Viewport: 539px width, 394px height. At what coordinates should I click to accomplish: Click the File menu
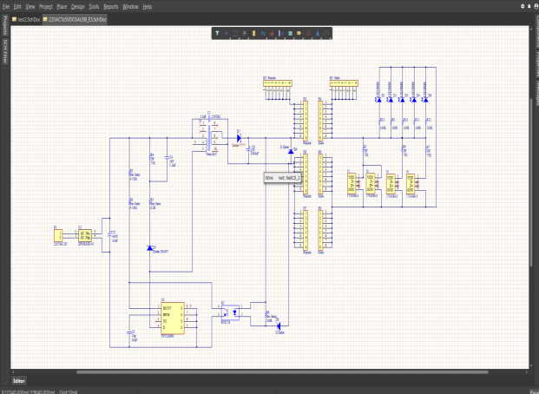[7, 6]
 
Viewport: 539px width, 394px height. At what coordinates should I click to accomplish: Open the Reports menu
[111, 6]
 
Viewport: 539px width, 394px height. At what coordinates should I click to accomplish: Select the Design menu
[78, 6]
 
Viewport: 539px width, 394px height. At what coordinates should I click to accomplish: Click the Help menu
[148, 6]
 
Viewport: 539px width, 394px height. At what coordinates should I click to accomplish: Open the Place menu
[62, 6]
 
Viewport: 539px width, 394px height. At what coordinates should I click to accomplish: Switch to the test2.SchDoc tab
[26, 18]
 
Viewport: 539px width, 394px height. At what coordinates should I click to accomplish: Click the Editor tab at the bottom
[19, 380]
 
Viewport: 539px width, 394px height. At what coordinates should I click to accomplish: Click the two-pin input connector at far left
[58, 235]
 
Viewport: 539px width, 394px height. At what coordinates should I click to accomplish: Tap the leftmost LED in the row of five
[378, 99]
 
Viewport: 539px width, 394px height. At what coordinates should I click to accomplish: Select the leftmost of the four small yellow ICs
[352, 181]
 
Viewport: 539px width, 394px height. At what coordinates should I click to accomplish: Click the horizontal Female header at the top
[276, 86]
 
